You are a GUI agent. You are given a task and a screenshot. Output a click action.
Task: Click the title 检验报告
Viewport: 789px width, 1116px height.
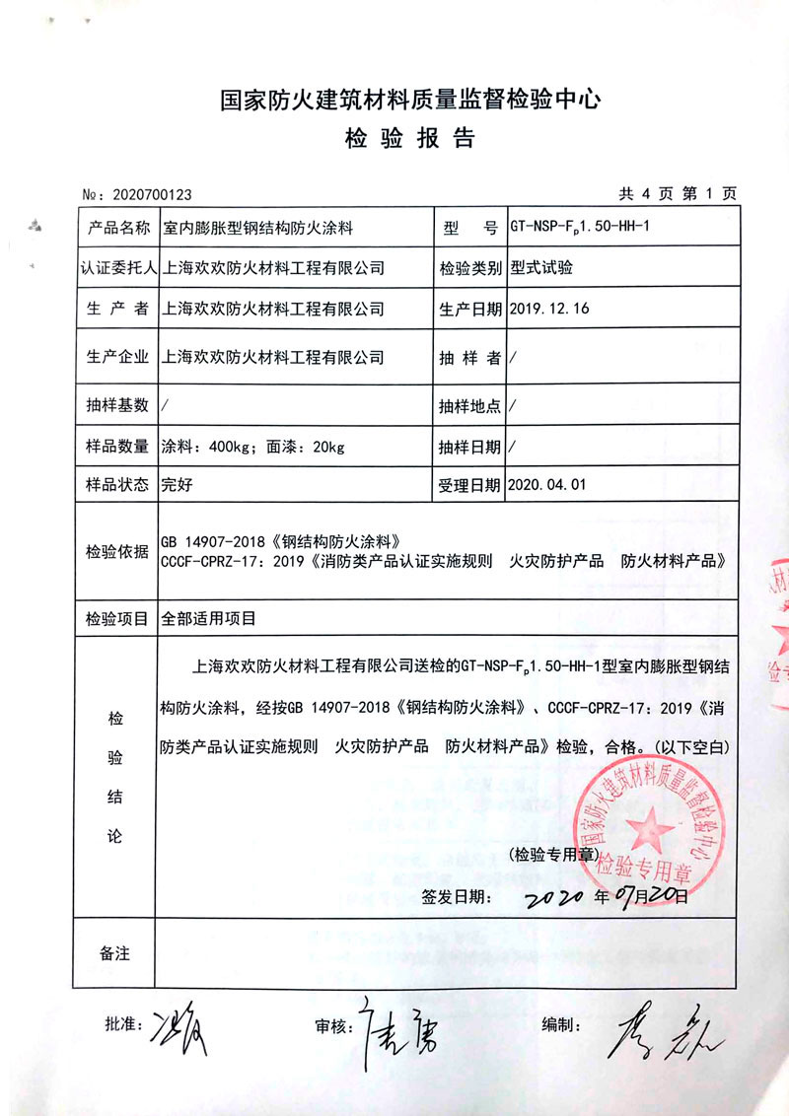(x=409, y=138)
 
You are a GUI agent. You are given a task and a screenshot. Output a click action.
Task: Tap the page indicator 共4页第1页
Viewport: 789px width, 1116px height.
(x=677, y=193)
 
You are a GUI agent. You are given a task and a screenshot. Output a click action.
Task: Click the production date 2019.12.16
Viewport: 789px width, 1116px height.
(x=549, y=308)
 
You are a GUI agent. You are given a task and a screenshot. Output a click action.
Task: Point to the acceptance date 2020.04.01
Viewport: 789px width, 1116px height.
(x=549, y=484)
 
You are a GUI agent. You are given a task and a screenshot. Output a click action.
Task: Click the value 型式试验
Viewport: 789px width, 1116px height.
(x=541, y=267)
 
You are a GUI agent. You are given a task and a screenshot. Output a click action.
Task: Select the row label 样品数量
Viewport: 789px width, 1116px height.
(x=116, y=447)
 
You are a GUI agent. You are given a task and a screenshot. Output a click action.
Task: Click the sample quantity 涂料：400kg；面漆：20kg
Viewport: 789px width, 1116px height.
(x=252, y=447)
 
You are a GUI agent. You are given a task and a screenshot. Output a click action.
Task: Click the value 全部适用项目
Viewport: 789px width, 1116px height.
(x=208, y=619)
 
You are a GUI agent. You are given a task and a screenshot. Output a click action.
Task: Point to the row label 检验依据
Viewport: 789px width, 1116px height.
(x=116, y=550)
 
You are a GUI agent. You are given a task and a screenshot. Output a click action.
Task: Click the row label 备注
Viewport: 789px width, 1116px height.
(x=115, y=952)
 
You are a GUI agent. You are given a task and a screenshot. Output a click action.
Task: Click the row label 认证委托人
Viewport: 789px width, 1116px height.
(x=116, y=267)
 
